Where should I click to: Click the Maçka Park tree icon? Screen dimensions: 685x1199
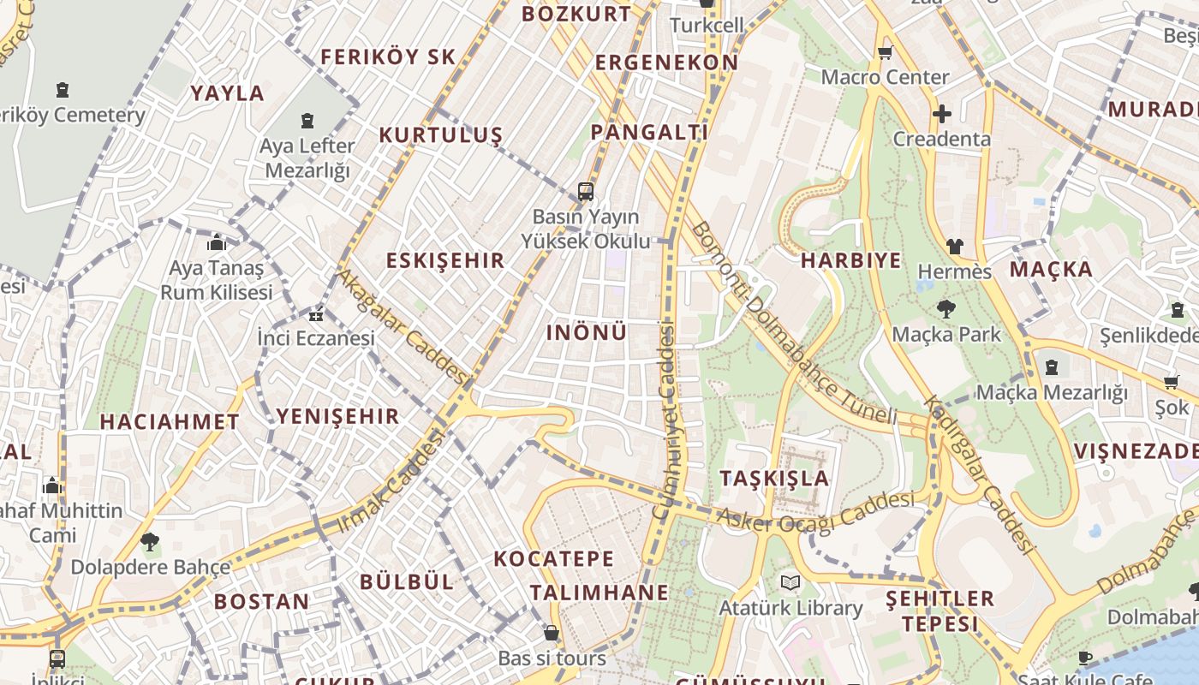tap(946, 309)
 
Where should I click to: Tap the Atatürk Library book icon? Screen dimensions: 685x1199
tap(790, 583)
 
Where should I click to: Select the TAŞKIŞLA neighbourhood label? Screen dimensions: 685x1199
tap(775, 478)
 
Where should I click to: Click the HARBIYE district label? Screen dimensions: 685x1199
tap(850, 260)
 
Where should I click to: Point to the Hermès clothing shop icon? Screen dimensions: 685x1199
tap(954, 247)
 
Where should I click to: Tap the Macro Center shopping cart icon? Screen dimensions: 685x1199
tap(886, 52)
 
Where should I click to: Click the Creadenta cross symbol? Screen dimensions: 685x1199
tap(942, 114)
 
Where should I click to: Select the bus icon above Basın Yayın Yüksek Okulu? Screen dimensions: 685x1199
tap(586, 191)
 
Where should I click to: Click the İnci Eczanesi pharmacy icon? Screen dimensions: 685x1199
tap(316, 314)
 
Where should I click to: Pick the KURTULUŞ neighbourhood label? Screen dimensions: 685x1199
tap(440, 135)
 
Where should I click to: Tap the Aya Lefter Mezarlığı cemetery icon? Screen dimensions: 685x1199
tap(307, 121)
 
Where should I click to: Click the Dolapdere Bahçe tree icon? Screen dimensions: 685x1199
tap(150, 542)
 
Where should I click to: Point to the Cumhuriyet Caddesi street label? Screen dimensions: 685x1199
tap(665, 420)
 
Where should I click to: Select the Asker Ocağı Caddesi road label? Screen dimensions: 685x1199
tap(814, 512)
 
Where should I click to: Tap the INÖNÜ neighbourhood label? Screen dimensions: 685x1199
tap(587, 332)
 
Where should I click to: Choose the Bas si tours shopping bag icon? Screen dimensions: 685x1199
tap(552, 634)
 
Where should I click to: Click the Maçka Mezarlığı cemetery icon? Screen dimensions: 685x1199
tap(1052, 367)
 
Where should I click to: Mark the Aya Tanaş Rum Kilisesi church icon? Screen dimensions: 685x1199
tap(216, 243)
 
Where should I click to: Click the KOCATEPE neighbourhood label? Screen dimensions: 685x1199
tap(554, 559)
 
